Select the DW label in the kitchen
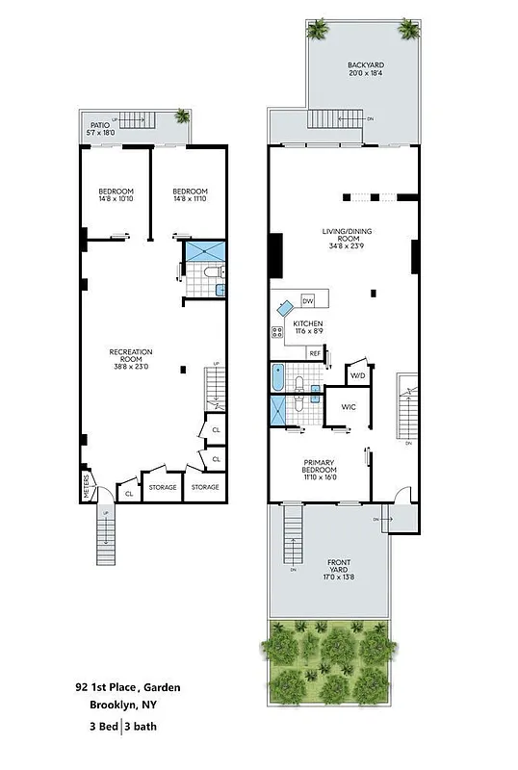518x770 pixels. click(308, 300)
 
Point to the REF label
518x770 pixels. click(314, 353)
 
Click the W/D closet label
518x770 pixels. click(357, 375)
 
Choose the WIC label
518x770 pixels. click(348, 407)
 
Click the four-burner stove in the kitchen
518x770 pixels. click(277, 333)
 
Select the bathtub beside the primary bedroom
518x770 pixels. click(278, 379)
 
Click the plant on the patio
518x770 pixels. click(181, 116)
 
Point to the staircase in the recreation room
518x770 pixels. click(215, 387)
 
